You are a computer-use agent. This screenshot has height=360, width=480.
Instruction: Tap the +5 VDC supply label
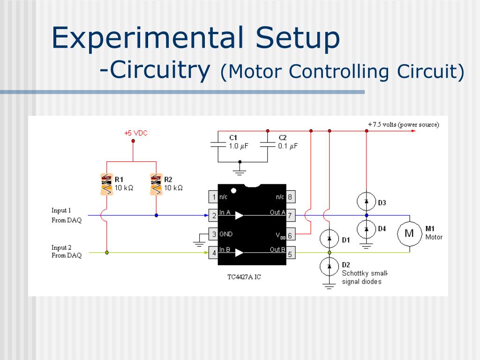pyautogui.click(x=136, y=133)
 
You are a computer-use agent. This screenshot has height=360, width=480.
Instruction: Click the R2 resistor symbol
pyautogui.click(x=156, y=184)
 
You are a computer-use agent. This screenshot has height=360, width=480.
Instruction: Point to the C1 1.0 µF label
pyautogui.click(x=238, y=142)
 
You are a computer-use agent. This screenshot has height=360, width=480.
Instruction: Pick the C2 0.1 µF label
pyautogui.click(x=287, y=142)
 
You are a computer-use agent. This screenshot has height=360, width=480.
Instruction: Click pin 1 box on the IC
pyautogui.click(x=214, y=197)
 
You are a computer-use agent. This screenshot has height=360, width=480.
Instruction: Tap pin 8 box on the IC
pyautogui.click(x=291, y=197)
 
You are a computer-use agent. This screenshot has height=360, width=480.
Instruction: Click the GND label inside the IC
pyautogui.click(x=226, y=234)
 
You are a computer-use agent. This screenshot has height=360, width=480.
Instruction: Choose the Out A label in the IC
pyautogui.click(x=277, y=212)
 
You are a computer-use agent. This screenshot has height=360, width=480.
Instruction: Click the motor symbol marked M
pyautogui.click(x=410, y=233)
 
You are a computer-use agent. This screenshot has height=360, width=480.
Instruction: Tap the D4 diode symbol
pyautogui.click(x=367, y=229)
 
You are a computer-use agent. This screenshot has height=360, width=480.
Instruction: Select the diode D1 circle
pyautogui.click(x=330, y=239)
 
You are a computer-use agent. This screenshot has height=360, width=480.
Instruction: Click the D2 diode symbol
pyautogui.click(x=330, y=266)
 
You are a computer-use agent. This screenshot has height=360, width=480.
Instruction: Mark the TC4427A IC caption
pyautogui.click(x=244, y=277)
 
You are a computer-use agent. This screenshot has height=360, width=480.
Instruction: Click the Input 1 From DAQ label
pyautogui.click(x=66, y=215)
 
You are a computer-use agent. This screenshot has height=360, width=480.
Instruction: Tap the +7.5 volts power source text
pyautogui.click(x=404, y=125)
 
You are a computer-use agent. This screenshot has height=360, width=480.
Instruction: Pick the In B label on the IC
pyautogui.click(x=225, y=250)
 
